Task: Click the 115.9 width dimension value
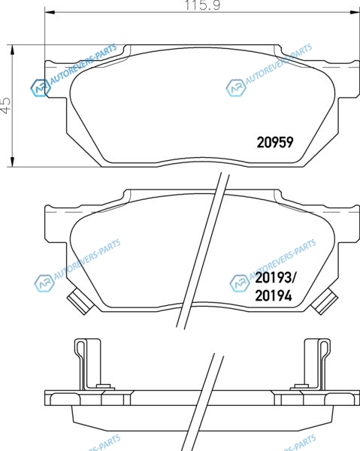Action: click(202, 5)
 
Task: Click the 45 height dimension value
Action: click(5, 105)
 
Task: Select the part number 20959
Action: click(275, 142)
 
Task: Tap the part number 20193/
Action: click(276, 278)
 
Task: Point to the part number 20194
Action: click(274, 295)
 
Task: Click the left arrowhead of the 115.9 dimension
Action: click(50, 12)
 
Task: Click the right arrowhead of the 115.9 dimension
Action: click(355, 12)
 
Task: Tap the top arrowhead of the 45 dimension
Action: click(12, 50)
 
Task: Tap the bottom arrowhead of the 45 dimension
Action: click(12, 162)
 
